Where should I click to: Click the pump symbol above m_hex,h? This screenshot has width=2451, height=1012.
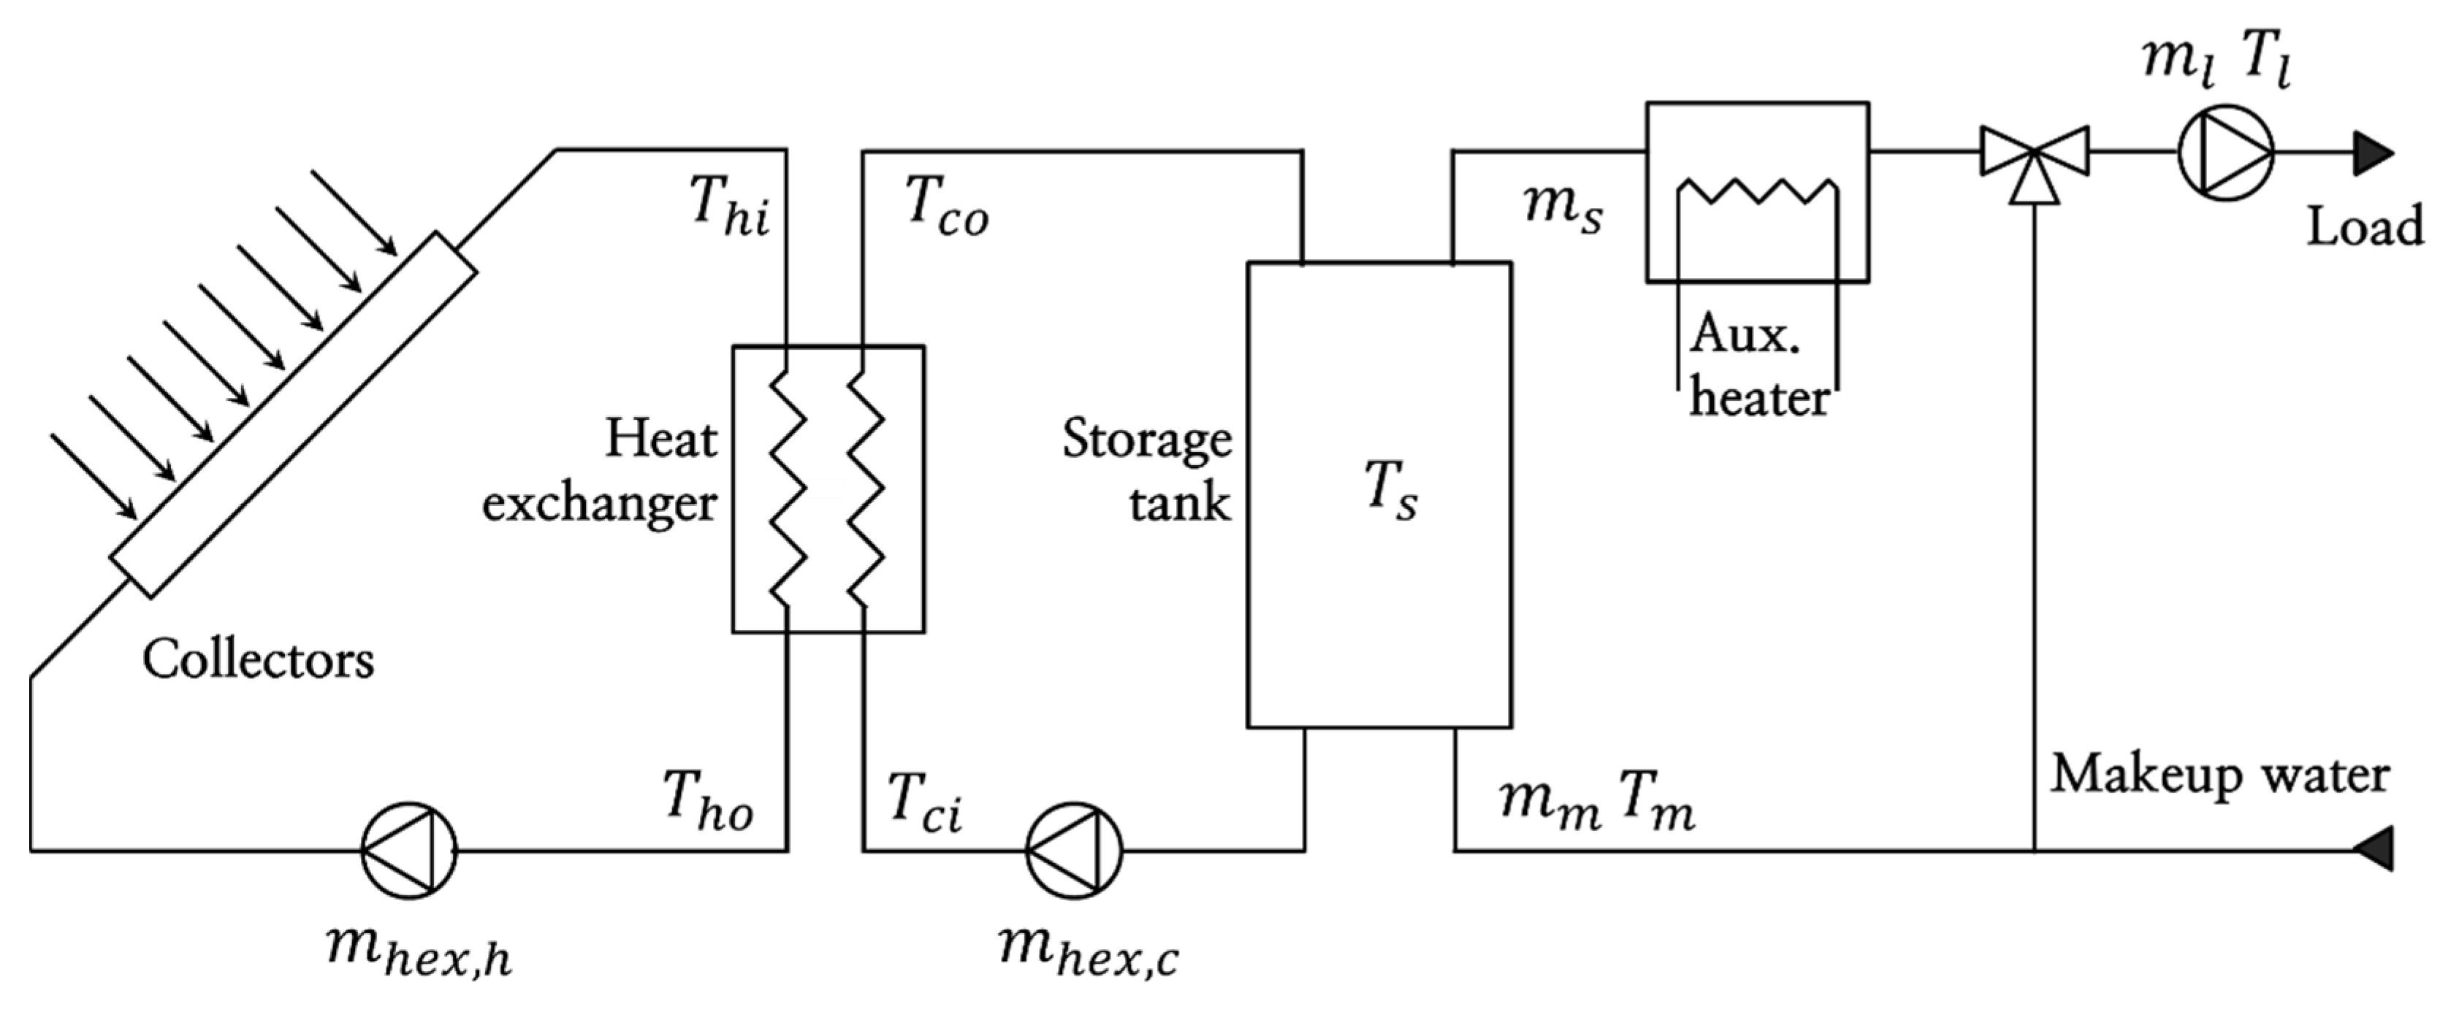point(409,849)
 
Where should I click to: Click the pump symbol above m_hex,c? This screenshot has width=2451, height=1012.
point(1073,849)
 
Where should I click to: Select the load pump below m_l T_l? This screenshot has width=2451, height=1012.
point(2225,152)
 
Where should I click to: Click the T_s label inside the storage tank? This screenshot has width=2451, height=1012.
point(1390,494)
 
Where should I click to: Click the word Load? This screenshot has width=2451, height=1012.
point(2364,226)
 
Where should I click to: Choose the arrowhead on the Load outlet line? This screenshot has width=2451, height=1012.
point(2374,152)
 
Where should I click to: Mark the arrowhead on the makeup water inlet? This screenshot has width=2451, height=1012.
point(2374,848)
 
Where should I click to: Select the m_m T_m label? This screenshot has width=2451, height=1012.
point(1596,802)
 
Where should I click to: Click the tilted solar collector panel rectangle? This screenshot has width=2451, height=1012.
point(293,414)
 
